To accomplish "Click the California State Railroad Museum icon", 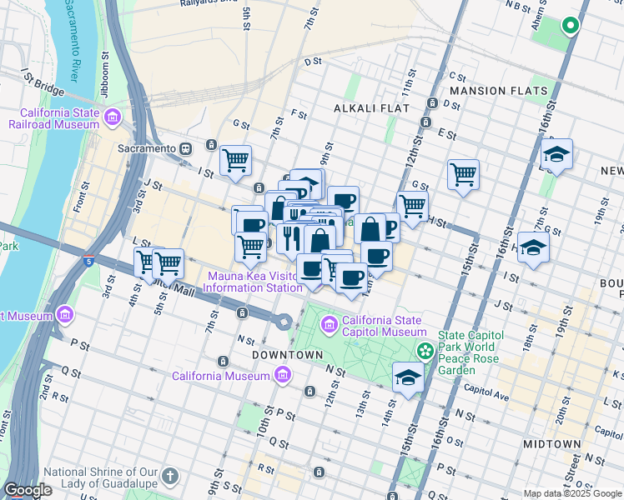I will click(x=113, y=116).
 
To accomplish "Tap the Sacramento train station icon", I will click(x=186, y=148).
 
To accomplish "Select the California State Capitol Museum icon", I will click(x=330, y=322).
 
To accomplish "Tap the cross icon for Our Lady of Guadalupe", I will click(x=170, y=477).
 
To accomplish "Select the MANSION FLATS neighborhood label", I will click(x=498, y=90).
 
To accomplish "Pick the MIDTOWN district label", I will click(x=551, y=444).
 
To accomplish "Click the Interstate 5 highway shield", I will click(x=88, y=260).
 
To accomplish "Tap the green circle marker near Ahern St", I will click(x=571, y=26).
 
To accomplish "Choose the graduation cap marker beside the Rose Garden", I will click(x=408, y=376).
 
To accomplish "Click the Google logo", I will click(x=27, y=490).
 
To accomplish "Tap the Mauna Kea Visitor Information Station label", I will click(x=254, y=282).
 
